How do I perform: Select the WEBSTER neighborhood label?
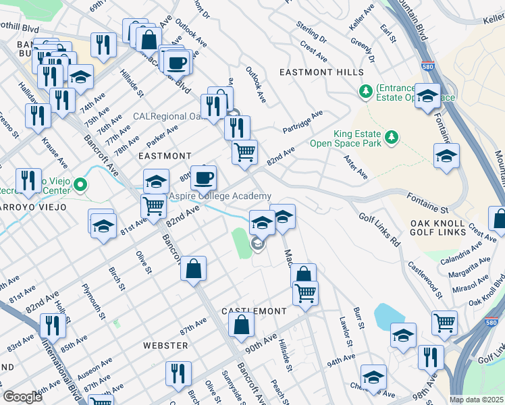click(x=165, y=346)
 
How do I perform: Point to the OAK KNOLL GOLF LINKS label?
click(x=437, y=227)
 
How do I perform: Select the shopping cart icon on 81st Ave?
click(x=154, y=205)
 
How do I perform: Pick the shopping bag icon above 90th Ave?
click(x=242, y=326)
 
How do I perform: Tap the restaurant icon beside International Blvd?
click(x=51, y=326)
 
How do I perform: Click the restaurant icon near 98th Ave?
click(x=430, y=357)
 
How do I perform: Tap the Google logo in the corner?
click(x=22, y=397)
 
